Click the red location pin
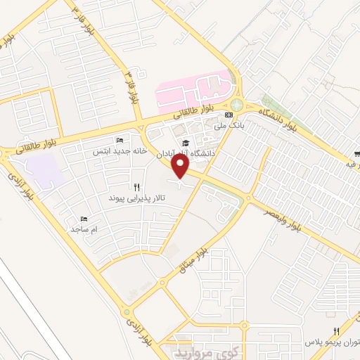tap(181, 167)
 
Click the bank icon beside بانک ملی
tap(228, 115)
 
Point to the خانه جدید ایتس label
tap(119, 151)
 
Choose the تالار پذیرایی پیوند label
tap(136, 199)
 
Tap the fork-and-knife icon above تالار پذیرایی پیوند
tap(136, 188)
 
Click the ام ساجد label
tap(84, 229)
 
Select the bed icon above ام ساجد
tap(84, 219)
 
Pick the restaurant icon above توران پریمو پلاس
tap(337, 331)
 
